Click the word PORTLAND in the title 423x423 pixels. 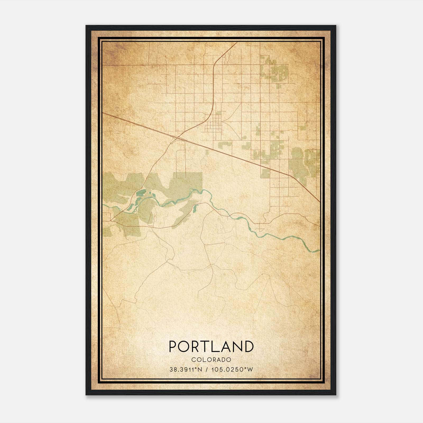click(211, 346)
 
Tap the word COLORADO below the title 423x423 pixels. click(211, 360)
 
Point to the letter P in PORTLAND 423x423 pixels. click(173, 346)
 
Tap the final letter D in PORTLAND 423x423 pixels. click(249, 346)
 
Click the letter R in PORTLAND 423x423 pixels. click(197, 346)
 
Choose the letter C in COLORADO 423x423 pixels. click(193, 360)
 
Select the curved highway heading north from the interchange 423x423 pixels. click(213, 87)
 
